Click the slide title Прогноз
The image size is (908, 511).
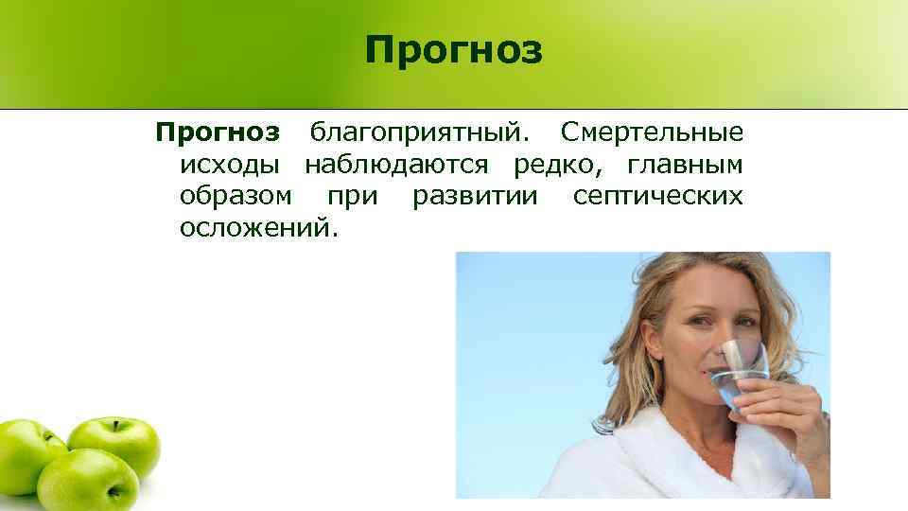click(x=454, y=51)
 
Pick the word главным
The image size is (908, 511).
click(x=684, y=166)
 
